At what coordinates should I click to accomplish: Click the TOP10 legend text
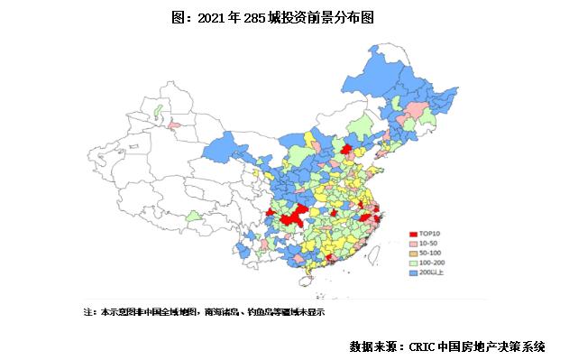point(430,232)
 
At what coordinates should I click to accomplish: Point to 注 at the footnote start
point(87,311)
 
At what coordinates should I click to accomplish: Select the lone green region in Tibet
point(193,217)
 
